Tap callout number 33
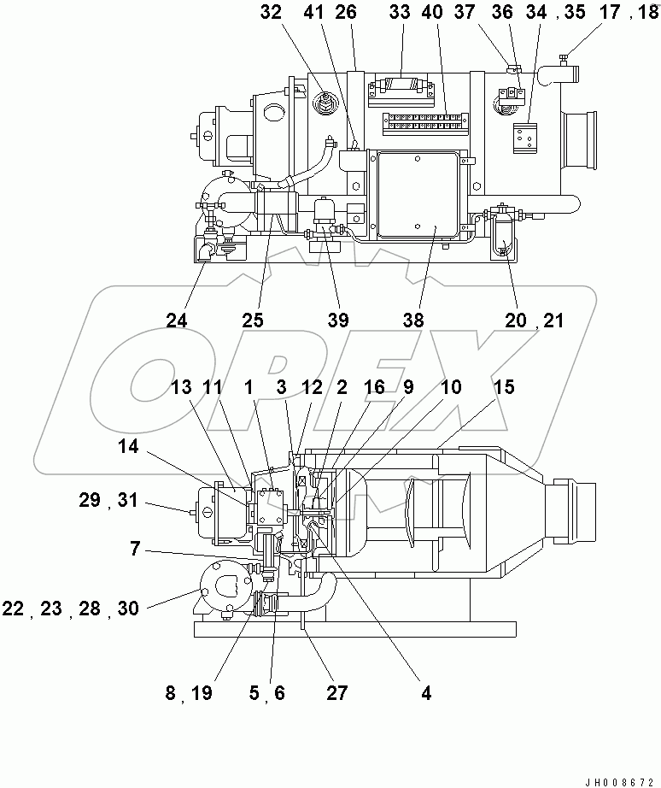[401, 14]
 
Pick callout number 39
[338, 320]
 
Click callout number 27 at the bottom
[337, 693]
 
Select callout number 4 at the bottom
[424, 693]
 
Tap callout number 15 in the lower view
[504, 387]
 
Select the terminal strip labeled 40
[424, 123]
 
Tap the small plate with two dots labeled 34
[524, 137]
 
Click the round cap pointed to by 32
[325, 103]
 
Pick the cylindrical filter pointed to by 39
[325, 211]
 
